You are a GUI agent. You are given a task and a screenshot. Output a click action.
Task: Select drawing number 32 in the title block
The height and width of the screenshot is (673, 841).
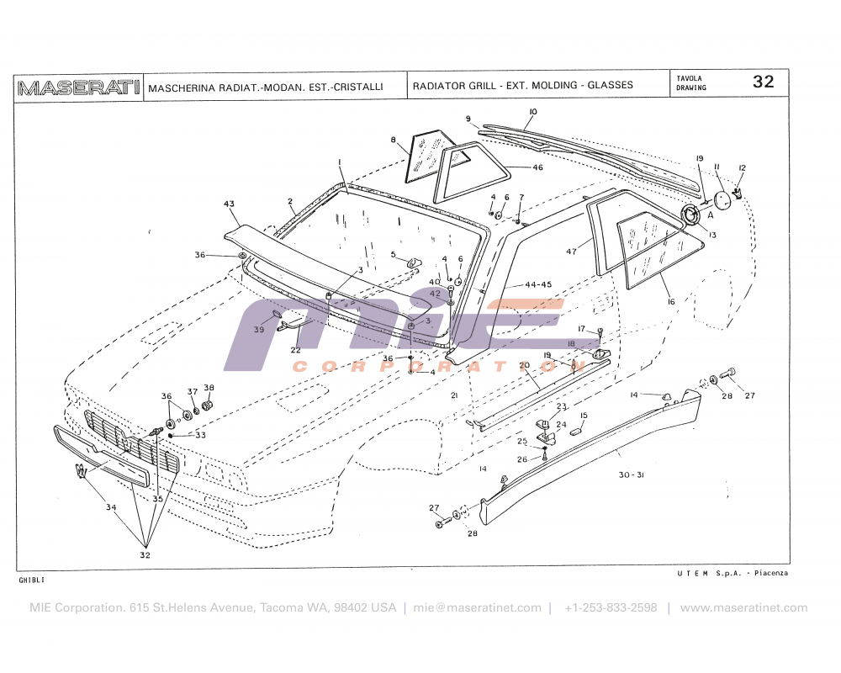[763, 82]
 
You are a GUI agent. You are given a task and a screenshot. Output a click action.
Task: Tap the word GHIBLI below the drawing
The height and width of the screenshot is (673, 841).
[32, 580]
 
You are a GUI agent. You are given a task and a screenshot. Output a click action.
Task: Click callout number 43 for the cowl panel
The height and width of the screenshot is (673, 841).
[229, 204]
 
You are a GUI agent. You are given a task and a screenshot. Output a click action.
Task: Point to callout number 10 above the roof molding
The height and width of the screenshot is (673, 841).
[532, 111]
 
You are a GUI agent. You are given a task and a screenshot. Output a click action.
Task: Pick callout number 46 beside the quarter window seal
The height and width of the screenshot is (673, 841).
[538, 167]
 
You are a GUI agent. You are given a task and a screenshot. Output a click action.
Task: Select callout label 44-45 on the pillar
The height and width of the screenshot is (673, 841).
[538, 284]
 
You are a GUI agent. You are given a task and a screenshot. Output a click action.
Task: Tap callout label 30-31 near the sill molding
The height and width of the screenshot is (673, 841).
[632, 474]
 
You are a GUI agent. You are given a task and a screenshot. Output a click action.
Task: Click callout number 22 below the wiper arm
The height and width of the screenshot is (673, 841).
[296, 350]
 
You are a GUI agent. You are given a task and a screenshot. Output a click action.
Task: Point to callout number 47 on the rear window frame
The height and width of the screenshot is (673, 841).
[572, 252]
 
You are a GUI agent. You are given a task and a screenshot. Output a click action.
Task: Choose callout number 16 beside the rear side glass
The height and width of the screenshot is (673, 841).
[671, 300]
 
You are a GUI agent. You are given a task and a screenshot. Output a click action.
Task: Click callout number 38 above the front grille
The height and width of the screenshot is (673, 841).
[209, 388]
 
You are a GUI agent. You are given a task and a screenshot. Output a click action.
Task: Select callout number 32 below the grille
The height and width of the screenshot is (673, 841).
[145, 555]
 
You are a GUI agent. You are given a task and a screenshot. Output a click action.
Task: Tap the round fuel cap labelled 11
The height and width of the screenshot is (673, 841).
[722, 199]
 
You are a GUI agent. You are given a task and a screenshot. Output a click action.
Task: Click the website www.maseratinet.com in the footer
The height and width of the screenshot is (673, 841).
[743, 607]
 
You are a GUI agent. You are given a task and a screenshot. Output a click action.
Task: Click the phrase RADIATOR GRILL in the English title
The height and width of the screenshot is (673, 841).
[453, 85]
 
